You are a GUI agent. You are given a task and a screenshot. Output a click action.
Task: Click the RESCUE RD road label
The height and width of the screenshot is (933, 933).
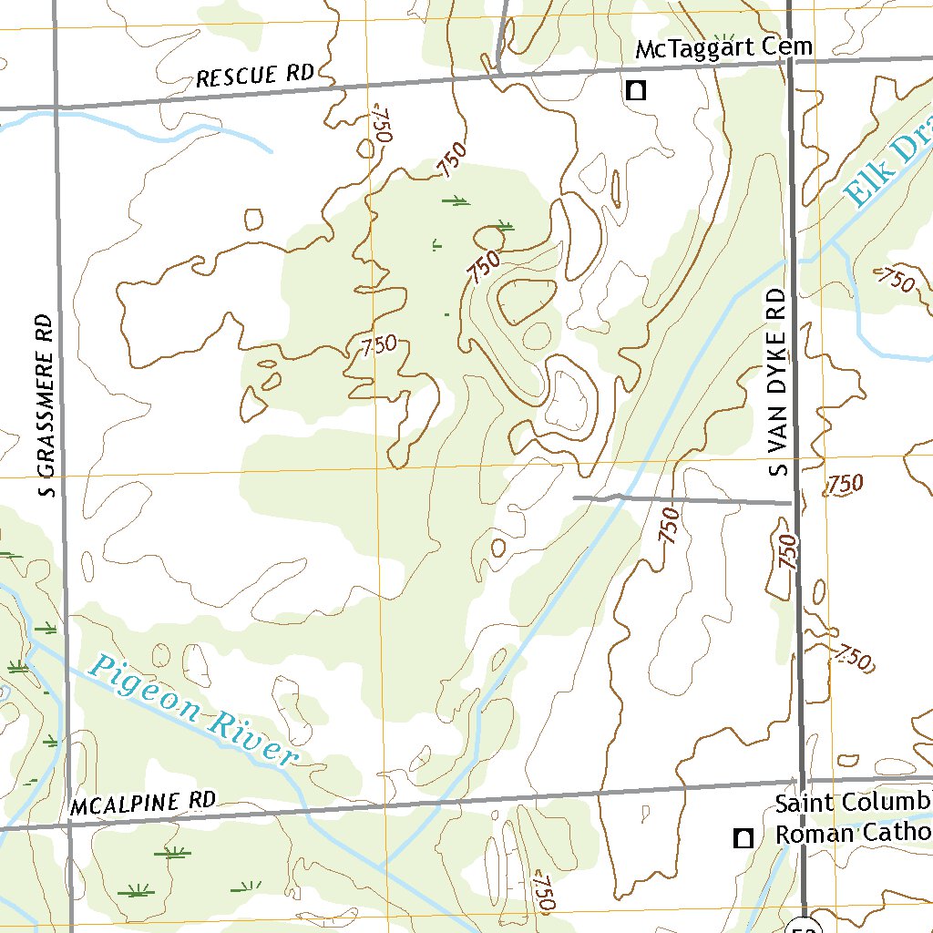pyautogui.click(x=255, y=77)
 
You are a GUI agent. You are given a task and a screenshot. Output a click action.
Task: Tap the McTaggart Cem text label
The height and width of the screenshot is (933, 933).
pyautogui.click(x=723, y=48)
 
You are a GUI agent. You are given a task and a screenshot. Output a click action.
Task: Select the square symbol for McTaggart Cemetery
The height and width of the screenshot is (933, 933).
pyautogui.click(x=635, y=90)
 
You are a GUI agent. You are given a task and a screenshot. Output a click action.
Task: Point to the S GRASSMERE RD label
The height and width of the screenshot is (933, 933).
pyautogui.click(x=46, y=405)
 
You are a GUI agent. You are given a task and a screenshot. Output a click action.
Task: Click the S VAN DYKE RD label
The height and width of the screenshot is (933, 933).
pyautogui.click(x=776, y=382)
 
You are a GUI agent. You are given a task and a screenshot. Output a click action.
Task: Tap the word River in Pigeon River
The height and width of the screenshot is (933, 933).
pyautogui.click(x=256, y=740)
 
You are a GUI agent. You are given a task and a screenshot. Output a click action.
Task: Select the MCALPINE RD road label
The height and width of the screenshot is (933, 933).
pyautogui.click(x=143, y=803)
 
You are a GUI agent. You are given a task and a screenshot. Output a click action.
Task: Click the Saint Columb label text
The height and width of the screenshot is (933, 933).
pyautogui.click(x=853, y=804)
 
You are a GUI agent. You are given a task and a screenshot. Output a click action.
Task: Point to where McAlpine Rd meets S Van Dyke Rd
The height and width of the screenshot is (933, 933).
pyautogui.click(x=802, y=781)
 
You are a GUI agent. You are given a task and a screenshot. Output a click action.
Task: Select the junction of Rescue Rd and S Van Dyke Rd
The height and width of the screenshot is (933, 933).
pyautogui.click(x=790, y=61)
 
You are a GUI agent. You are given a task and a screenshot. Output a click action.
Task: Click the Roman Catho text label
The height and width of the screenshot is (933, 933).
pyautogui.click(x=853, y=834)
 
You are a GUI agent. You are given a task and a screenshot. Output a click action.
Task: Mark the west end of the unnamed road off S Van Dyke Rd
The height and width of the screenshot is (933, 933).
pyautogui.click(x=576, y=497)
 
